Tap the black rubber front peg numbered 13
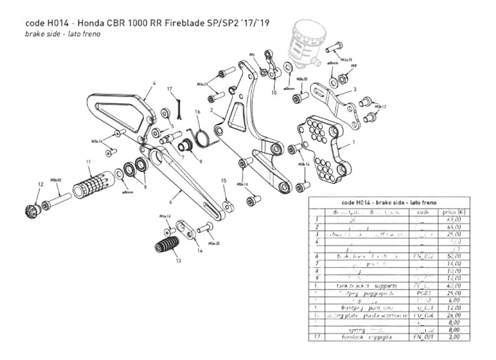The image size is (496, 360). pyautogui.click(x=167, y=246)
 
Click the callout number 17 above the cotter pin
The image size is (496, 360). pyautogui.click(x=169, y=89)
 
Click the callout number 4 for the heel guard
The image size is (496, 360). pyautogui.click(x=147, y=83)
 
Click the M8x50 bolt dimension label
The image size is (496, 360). pyautogui.click(x=56, y=178)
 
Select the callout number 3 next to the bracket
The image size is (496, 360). pyautogui.click(x=354, y=89)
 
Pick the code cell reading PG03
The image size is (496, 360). pyautogui.click(x=424, y=293)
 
